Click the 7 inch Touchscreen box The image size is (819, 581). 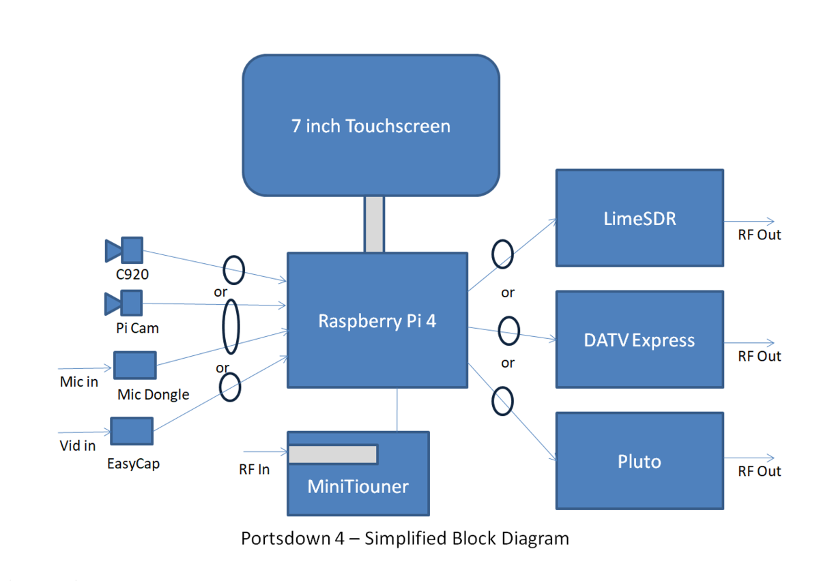(x=371, y=125)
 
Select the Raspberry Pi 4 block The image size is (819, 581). (x=377, y=321)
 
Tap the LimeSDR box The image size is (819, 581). (x=640, y=218)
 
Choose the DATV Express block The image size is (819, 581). (x=640, y=340)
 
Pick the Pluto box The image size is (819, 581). (x=640, y=461)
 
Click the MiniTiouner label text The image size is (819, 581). (x=358, y=486)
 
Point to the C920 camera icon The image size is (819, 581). (x=124, y=250)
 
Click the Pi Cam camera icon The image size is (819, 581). (x=124, y=303)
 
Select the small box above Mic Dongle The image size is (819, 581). (x=134, y=365)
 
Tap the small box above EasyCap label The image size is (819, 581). (x=132, y=431)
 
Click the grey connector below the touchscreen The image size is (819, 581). (x=374, y=224)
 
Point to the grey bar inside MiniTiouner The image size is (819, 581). (x=333, y=454)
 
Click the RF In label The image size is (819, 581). (x=254, y=469)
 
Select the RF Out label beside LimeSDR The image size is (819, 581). (x=759, y=235)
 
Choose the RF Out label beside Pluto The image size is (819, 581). (x=759, y=471)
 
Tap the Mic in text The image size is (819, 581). (x=79, y=382)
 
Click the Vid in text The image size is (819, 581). (x=77, y=445)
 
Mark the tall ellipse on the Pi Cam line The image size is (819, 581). (x=231, y=327)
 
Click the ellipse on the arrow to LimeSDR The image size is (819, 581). (x=503, y=253)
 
